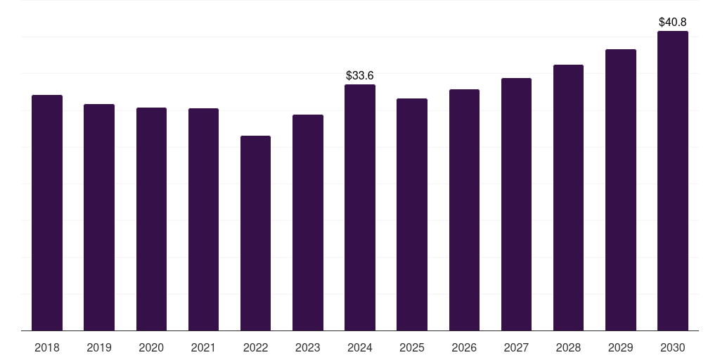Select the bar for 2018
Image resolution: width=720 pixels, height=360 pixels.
point(47,212)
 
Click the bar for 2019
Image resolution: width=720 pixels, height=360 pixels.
point(99,217)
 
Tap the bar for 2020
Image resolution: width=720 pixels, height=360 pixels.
point(152,219)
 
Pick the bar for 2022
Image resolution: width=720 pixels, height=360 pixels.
point(255,233)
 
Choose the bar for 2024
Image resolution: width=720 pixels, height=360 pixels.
point(360,207)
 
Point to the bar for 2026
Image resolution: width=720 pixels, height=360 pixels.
point(464,210)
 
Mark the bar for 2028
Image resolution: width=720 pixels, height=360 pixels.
point(568,198)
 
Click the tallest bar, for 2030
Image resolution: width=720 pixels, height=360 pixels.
point(673,181)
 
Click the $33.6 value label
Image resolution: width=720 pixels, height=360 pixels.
point(360,75)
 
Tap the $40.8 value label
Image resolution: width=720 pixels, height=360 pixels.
point(673,22)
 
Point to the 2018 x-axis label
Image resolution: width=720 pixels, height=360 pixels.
point(47,347)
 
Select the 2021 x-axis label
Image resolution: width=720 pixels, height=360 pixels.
point(203,347)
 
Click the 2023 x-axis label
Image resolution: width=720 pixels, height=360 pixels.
point(308,347)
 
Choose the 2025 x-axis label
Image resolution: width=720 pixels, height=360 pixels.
point(412,347)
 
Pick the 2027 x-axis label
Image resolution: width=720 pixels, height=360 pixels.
point(516,347)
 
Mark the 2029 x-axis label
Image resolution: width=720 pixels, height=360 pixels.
point(620,347)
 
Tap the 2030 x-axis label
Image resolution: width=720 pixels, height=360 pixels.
point(673,347)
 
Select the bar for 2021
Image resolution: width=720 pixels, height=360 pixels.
point(203,219)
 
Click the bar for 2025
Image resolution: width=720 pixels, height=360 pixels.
point(412,214)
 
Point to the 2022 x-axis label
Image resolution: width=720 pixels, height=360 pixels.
point(255,347)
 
